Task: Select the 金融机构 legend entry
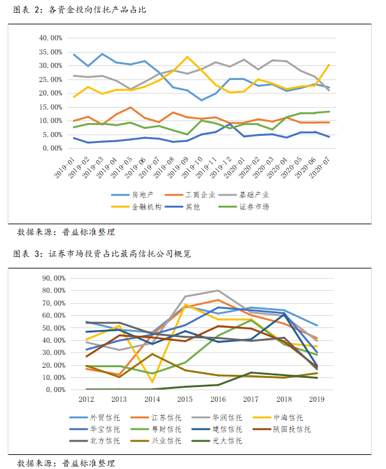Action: point(147,206)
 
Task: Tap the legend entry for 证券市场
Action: point(254,206)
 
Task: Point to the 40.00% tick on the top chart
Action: point(50,38)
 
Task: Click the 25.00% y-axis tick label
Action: point(50,79)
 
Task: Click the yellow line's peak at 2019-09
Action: point(188,57)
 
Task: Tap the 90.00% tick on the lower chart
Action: point(53,278)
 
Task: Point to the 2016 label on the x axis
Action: point(218,399)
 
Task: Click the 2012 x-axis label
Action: point(86,399)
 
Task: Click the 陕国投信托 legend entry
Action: point(291,429)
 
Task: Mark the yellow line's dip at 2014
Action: point(152,382)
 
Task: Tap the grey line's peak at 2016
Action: point(218,290)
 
